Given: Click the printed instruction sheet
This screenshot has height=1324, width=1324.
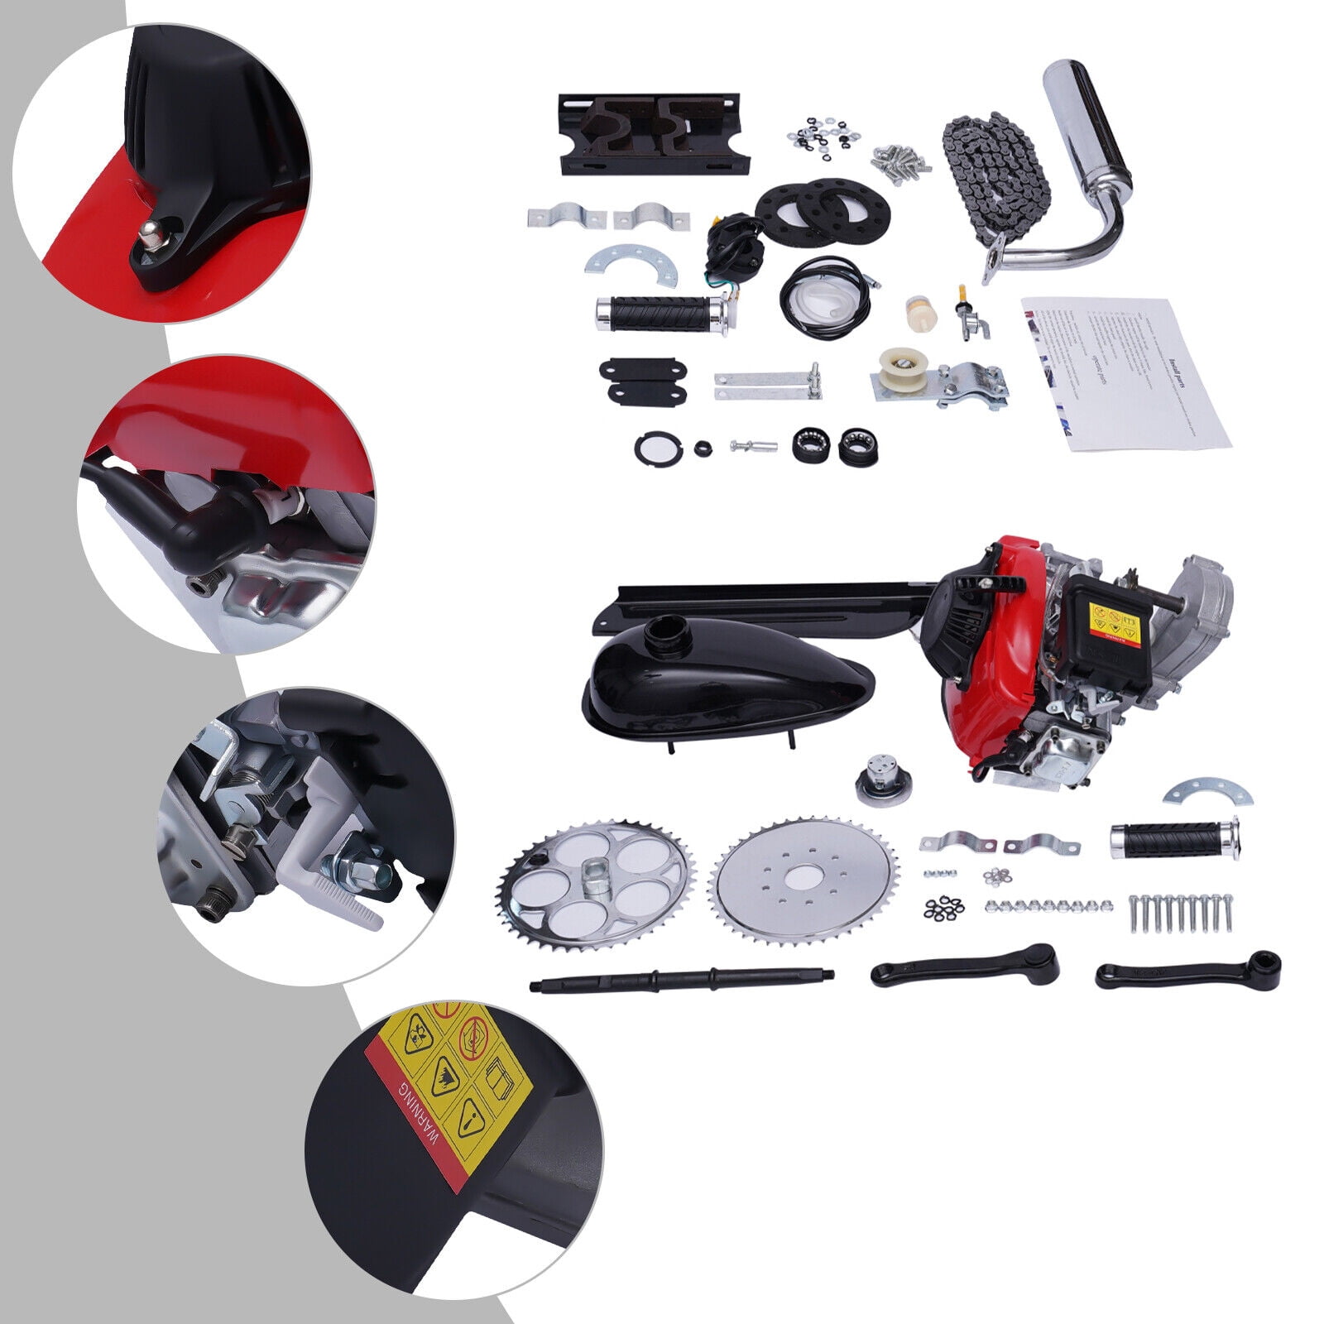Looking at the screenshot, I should pos(1125,372).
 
